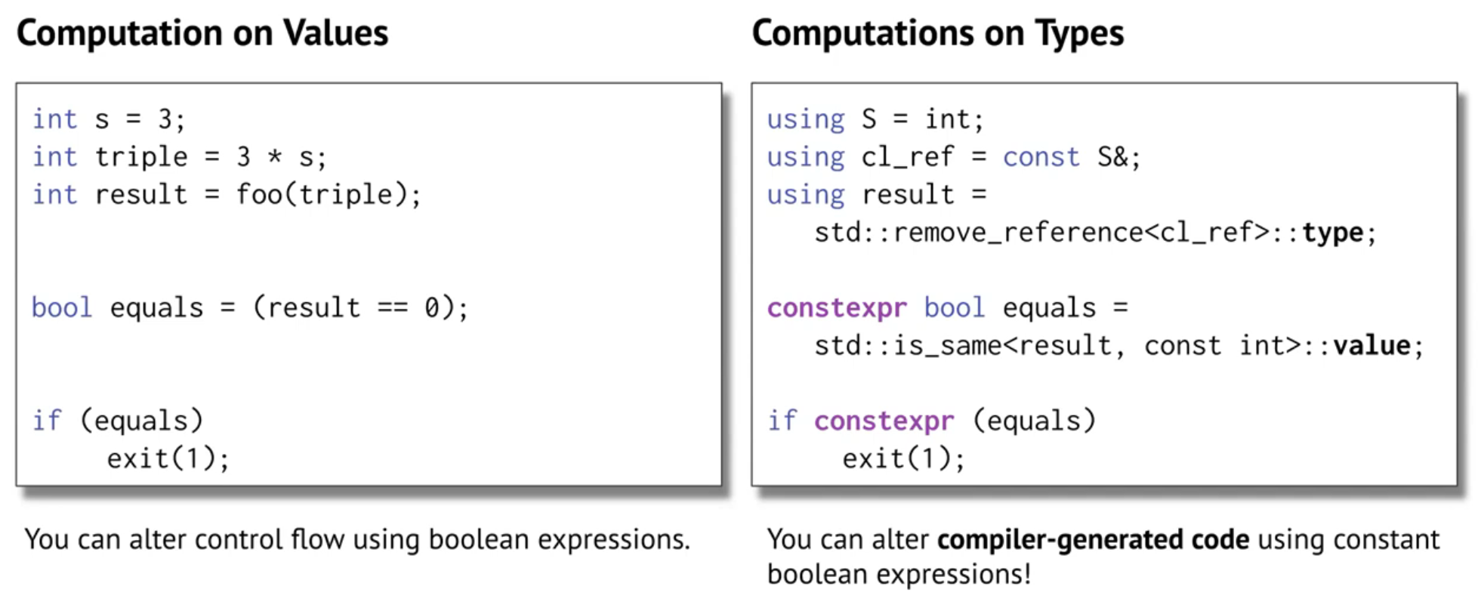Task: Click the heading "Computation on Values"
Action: point(202,33)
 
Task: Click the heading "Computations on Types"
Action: point(937,33)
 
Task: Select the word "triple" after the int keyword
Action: point(141,157)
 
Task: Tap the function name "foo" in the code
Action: point(258,195)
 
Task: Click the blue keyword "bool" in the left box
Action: point(61,308)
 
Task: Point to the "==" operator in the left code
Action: point(392,308)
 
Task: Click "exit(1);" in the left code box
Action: point(168,458)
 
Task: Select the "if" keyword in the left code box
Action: point(47,421)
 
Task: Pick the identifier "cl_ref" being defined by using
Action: point(907,157)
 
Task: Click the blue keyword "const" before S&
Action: point(1041,157)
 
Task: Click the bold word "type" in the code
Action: point(1332,233)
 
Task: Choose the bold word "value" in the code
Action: point(1371,346)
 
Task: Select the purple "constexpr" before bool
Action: point(837,308)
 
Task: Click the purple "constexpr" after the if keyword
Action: point(884,421)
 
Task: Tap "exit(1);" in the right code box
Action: point(903,458)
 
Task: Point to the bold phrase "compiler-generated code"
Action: point(1093,540)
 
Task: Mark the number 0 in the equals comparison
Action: point(431,308)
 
